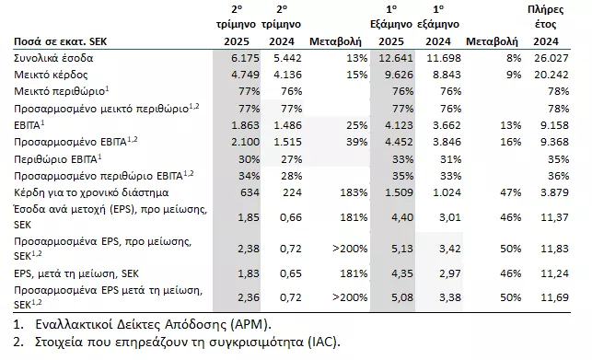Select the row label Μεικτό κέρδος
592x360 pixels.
(x=46, y=75)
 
